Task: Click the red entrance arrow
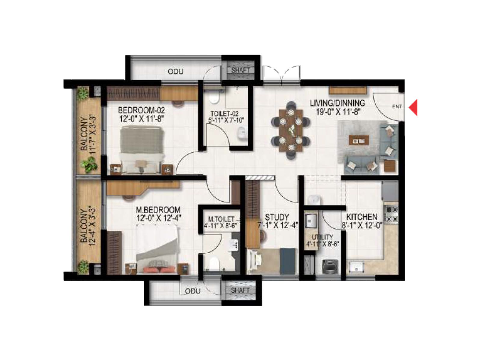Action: (x=414, y=107)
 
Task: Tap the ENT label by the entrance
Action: (x=397, y=106)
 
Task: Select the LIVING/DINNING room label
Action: (x=337, y=103)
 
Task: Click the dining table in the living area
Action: (x=291, y=130)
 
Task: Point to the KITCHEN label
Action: (x=362, y=217)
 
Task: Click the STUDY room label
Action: (x=277, y=217)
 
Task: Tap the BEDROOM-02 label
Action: (x=141, y=110)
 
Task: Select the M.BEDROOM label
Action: (x=158, y=210)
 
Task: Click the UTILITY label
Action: (x=322, y=237)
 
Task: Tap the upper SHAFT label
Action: (x=240, y=70)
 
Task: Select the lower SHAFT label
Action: (x=240, y=290)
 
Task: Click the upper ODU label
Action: (x=176, y=72)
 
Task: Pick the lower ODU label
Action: (x=193, y=291)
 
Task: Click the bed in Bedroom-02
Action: (x=142, y=149)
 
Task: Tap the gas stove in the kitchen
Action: (x=392, y=214)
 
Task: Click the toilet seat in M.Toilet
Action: (x=213, y=264)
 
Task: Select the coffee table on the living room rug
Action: (x=359, y=140)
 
